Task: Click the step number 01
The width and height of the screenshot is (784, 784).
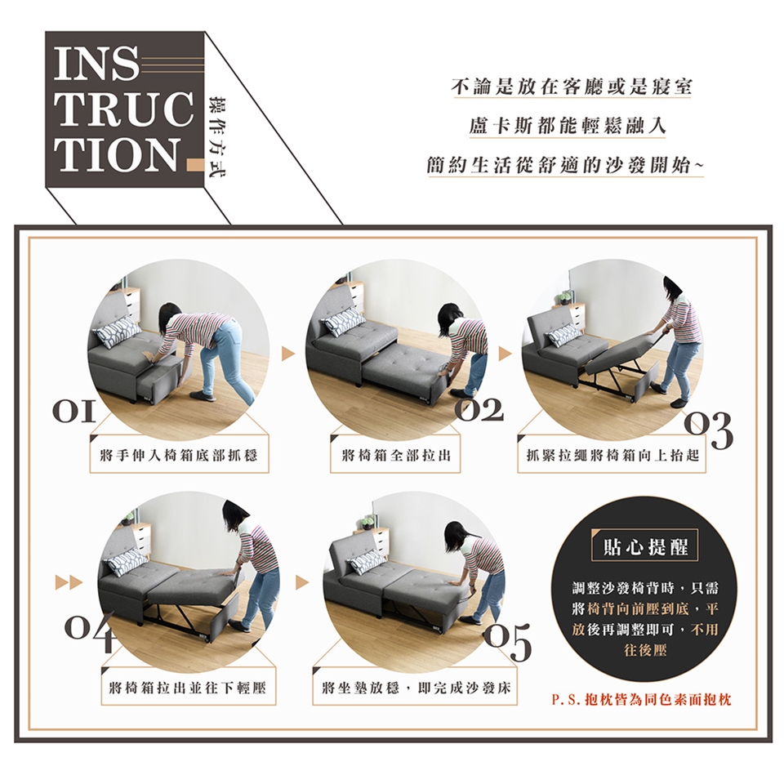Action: tap(72, 411)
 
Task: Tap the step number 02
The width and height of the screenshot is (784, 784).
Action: tap(479, 410)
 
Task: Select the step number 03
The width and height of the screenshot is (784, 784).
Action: tap(708, 430)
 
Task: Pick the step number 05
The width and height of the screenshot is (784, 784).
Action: tap(506, 642)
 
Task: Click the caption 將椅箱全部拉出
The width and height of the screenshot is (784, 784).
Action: tap(396, 456)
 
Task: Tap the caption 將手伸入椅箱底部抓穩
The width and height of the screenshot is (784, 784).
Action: tap(179, 456)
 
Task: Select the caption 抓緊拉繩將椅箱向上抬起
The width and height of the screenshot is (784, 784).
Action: tap(612, 456)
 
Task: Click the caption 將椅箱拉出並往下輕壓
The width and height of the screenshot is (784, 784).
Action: tap(187, 688)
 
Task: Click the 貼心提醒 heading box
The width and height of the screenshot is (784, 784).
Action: tap(645, 547)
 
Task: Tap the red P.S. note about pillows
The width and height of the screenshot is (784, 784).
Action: tap(641, 700)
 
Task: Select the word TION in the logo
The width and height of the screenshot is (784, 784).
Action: tap(118, 154)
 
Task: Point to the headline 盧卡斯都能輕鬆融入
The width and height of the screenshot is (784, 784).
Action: tap(568, 127)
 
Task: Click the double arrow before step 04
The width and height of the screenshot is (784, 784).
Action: tap(69, 582)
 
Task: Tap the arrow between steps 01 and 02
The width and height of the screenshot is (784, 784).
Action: tap(288, 354)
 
